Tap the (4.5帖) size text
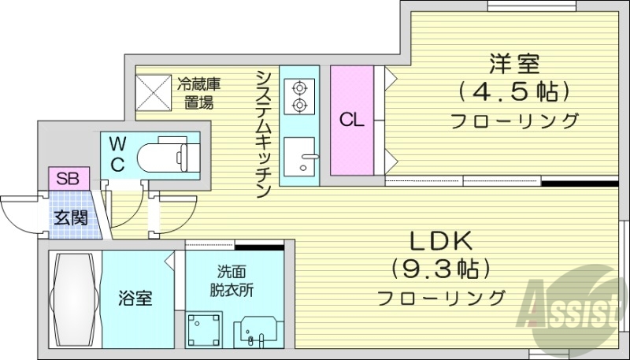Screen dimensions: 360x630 click(510, 92)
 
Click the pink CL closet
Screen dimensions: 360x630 click(351, 121)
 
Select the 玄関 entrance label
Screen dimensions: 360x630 click(70, 215)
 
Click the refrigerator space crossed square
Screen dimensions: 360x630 click(152, 91)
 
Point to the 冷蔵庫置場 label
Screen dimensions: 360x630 click(198, 91)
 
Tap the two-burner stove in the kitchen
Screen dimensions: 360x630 click(300, 96)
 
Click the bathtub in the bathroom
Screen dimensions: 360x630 click(74, 299)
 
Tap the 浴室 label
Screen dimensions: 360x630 click(135, 299)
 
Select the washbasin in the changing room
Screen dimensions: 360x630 click(258, 330)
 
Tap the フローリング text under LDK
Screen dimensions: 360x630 click(440, 299)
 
